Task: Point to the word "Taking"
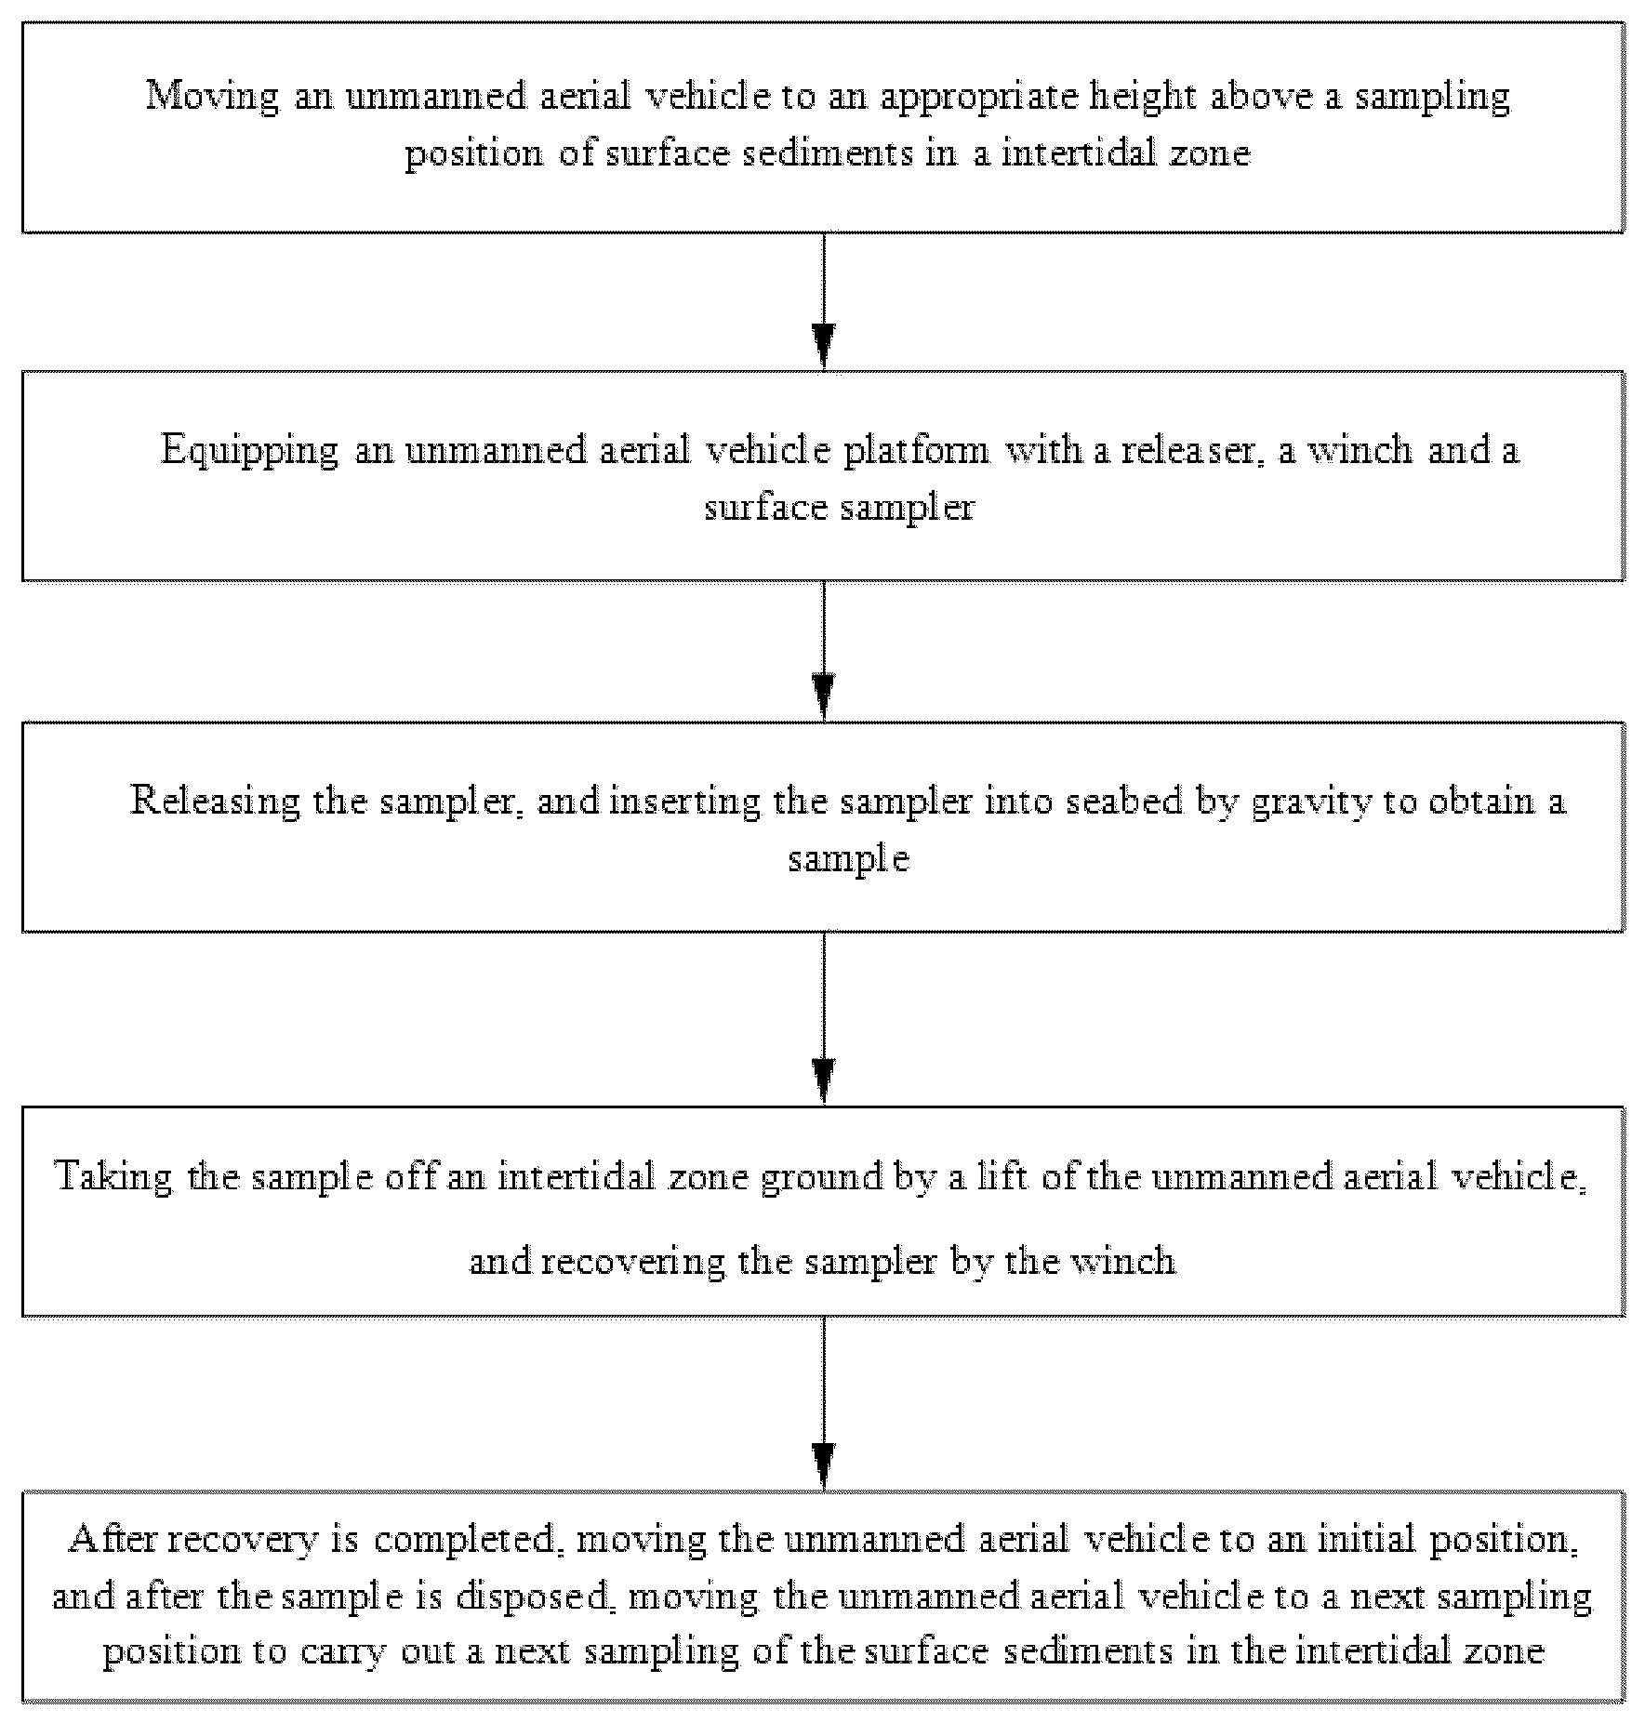tap(114, 1178)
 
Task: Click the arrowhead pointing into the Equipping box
tap(823, 347)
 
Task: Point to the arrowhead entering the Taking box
tap(823, 1081)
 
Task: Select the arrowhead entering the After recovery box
tap(823, 1466)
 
